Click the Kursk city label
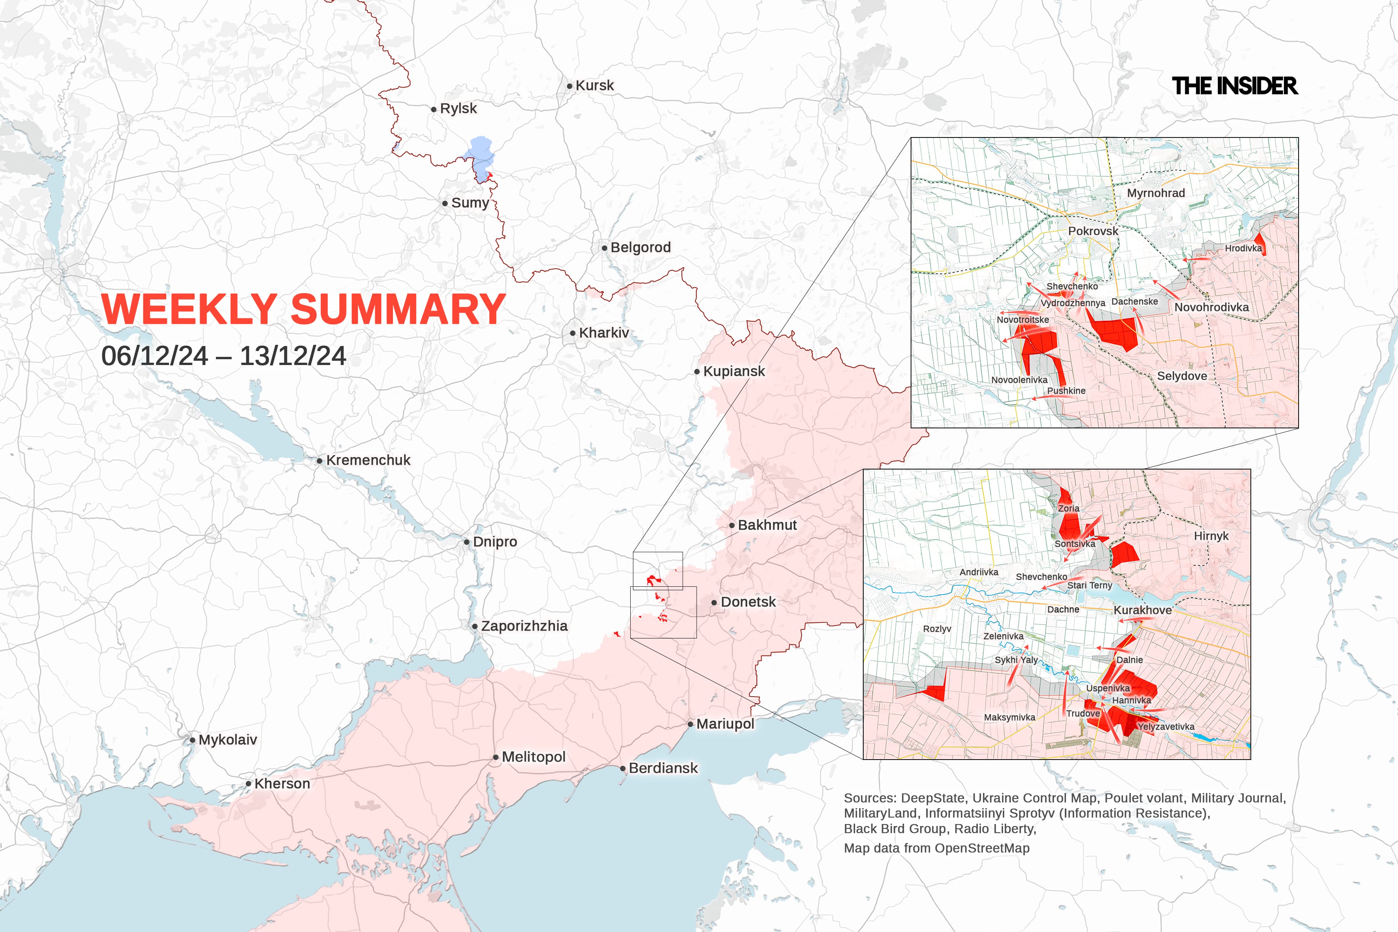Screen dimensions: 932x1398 [595, 85]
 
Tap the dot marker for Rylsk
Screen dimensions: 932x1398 [434, 110]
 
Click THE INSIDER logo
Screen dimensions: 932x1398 [1235, 86]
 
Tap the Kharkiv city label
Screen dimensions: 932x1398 [604, 333]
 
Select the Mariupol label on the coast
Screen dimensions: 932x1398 [725, 724]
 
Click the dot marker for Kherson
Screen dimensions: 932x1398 [249, 784]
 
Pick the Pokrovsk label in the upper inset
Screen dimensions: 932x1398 [1093, 231]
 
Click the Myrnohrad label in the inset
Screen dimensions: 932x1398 [1156, 193]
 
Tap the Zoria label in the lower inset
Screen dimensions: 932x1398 [1068, 509]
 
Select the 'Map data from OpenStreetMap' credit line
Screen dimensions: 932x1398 [936, 848]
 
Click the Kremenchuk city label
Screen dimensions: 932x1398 [368, 461]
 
